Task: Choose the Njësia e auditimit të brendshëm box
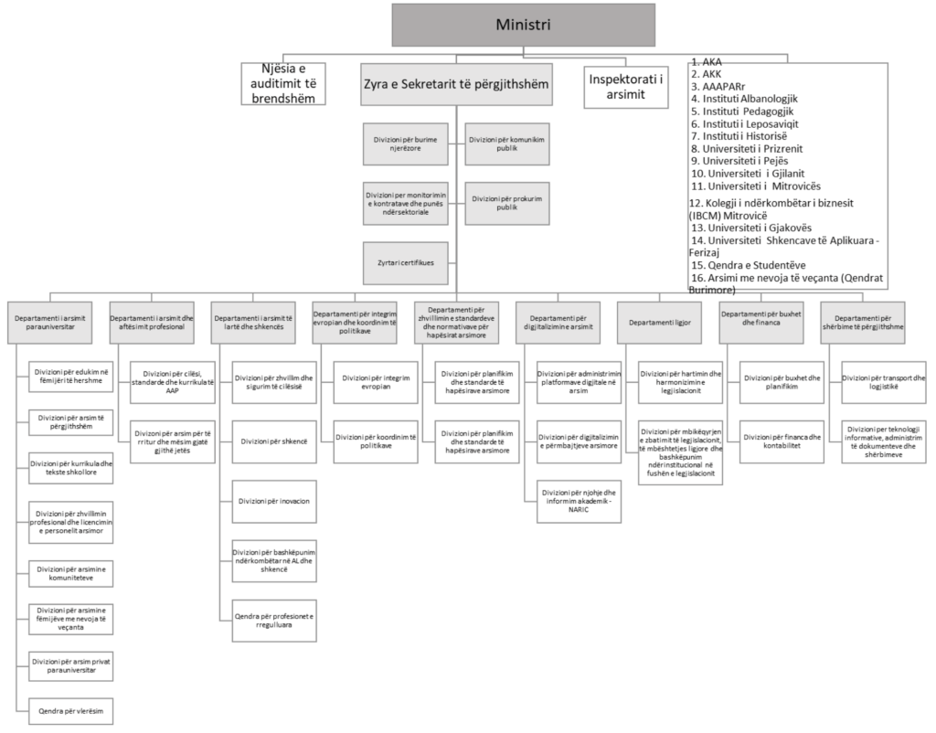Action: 283,82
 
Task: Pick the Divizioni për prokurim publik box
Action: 506,202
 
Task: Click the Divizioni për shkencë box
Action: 272,441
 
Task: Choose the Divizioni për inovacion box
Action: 272,501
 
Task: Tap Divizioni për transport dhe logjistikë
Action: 882,380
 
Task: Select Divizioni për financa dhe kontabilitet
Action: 781,441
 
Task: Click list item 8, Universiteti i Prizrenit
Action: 750,148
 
